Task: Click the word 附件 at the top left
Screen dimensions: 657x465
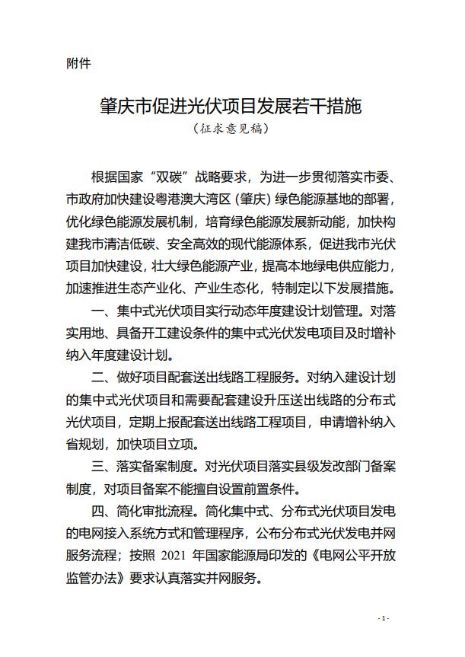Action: click(78, 64)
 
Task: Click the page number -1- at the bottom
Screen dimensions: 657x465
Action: click(384, 618)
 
